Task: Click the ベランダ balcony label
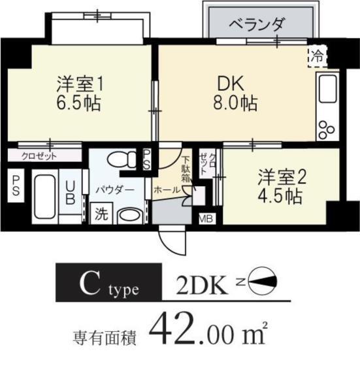[257, 25]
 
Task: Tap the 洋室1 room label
[80, 84]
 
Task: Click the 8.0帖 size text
[233, 103]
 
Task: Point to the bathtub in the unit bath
[44, 198]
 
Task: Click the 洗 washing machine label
[100, 213]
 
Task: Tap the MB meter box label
[205, 218]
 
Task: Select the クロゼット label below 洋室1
[39, 155]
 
